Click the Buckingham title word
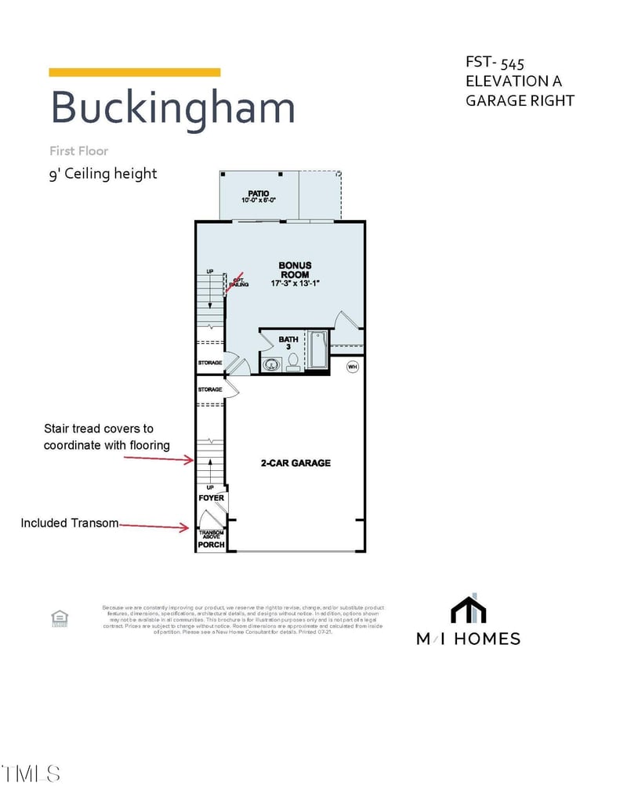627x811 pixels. point(172,107)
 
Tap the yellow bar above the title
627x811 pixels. point(134,72)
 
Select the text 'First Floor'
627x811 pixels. point(78,150)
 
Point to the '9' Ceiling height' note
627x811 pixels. point(103,173)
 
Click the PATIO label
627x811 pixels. point(259,193)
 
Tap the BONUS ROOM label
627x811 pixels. point(295,270)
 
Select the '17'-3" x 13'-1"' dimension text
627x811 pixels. point(295,284)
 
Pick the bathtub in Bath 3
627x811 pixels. point(317,351)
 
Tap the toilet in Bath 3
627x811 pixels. point(293,361)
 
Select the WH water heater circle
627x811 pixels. point(353,366)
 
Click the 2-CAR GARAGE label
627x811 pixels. point(295,463)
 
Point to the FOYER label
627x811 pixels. point(211,498)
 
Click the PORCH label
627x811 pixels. point(211,544)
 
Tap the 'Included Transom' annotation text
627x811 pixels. point(70,523)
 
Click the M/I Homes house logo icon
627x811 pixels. point(468,610)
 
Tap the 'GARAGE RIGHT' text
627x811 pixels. point(520,100)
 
